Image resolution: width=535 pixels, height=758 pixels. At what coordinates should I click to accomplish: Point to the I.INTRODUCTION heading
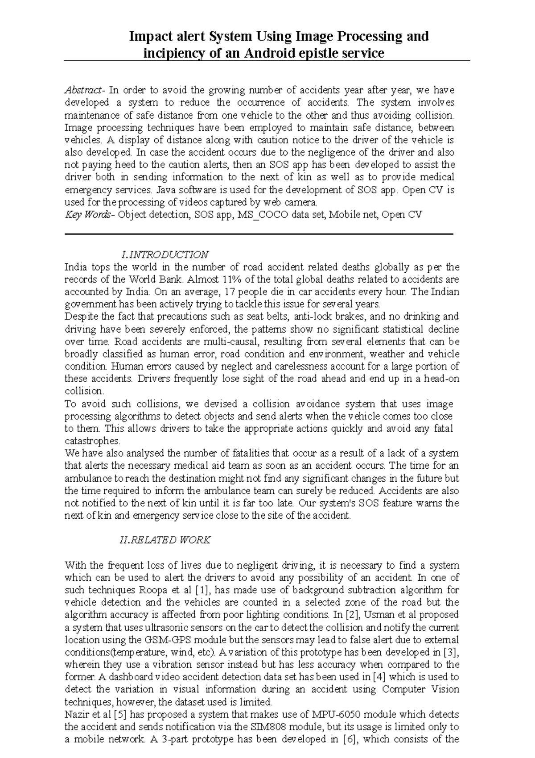[x=165, y=254]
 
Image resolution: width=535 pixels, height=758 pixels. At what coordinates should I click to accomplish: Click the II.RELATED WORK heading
[x=165, y=540]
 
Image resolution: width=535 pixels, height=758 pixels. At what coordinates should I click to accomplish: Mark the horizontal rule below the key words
[x=259, y=234]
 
